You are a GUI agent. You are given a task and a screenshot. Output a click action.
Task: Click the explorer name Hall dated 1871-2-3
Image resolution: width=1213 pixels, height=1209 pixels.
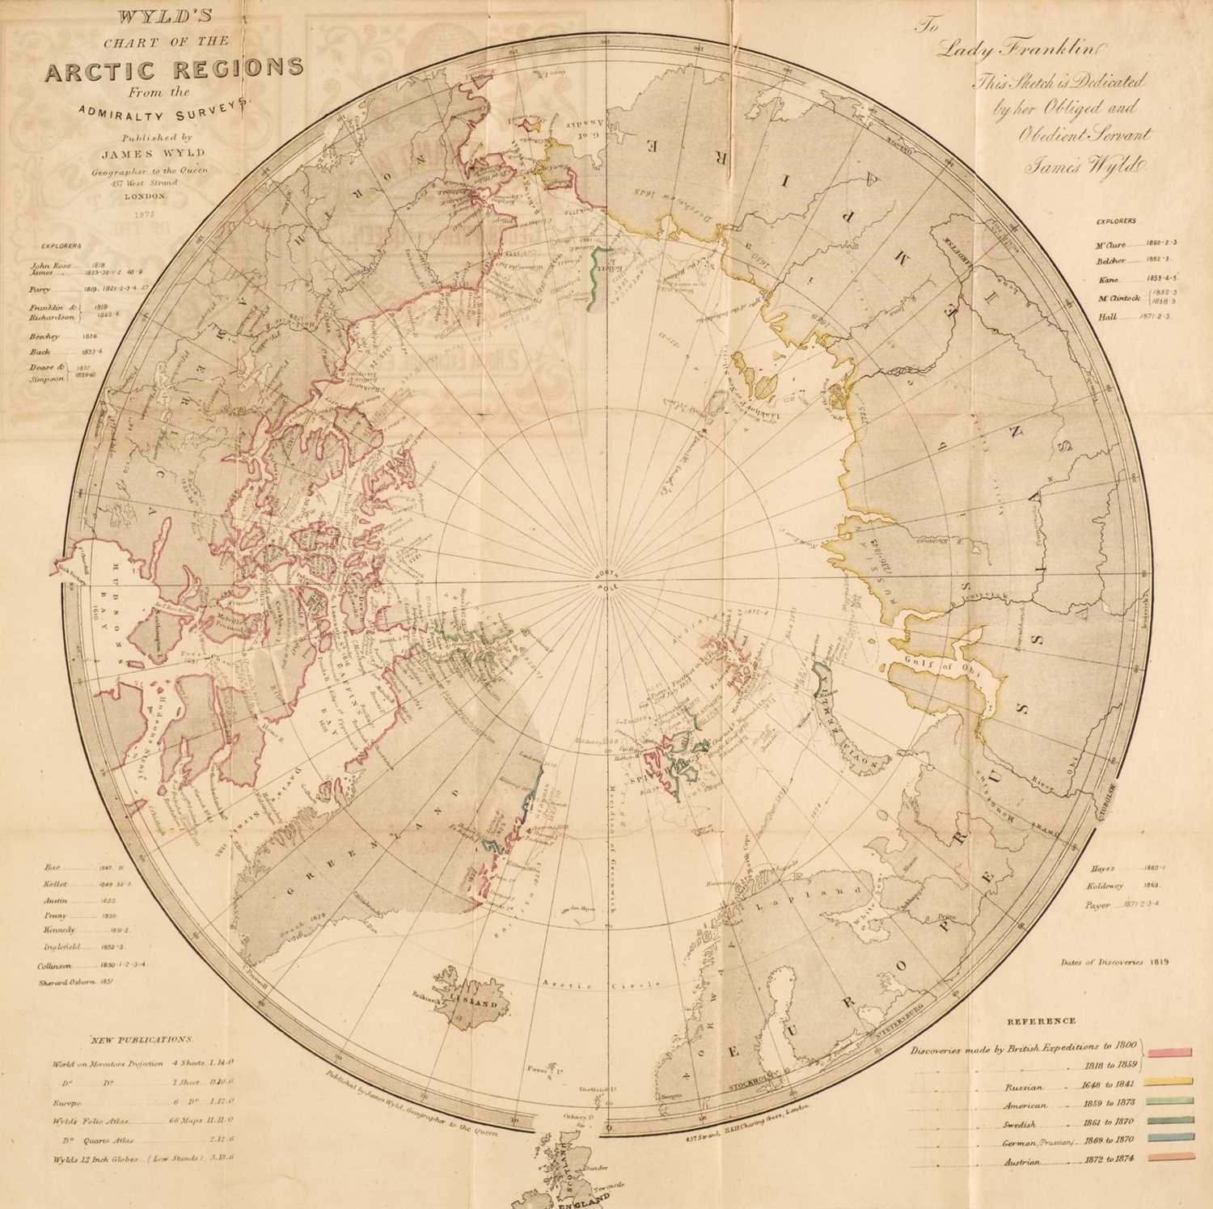(x=1108, y=317)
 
